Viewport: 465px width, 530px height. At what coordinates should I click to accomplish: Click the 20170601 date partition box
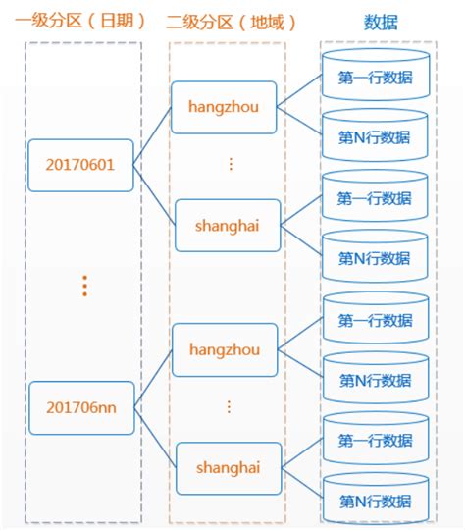point(80,164)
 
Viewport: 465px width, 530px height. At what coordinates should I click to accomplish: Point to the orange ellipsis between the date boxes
point(85,285)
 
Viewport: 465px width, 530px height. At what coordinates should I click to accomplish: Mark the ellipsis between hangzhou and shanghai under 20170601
point(231,164)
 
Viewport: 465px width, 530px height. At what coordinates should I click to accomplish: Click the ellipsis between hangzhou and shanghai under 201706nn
point(231,405)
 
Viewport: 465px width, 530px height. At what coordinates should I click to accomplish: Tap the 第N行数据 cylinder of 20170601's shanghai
point(374,259)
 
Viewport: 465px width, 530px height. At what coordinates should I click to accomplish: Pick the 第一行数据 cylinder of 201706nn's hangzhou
point(374,321)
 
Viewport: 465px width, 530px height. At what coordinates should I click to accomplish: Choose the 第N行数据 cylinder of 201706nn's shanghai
point(374,502)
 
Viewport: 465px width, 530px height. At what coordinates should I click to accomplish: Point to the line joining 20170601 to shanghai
point(154,193)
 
